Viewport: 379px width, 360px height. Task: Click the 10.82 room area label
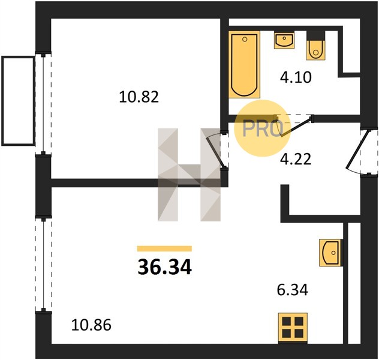pyautogui.click(x=139, y=97)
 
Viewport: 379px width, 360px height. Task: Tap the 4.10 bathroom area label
pyautogui.click(x=296, y=77)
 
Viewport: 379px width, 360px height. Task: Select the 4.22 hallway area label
pyautogui.click(x=296, y=160)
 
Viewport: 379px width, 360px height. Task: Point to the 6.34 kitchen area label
pyautogui.click(x=293, y=290)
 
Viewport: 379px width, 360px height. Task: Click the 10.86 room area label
pyautogui.click(x=91, y=325)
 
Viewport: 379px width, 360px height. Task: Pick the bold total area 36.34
pyautogui.click(x=164, y=267)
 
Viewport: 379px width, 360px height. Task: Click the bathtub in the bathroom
pyautogui.click(x=244, y=65)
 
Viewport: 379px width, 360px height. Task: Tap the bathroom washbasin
pyautogui.click(x=284, y=40)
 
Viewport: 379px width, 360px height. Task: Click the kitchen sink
pyautogui.click(x=330, y=253)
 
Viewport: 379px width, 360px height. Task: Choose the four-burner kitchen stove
pyautogui.click(x=293, y=328)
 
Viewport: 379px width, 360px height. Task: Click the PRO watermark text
pyautogui.click(x=263, y=128)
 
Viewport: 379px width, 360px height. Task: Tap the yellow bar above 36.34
pyautogui.click(x=164, y=248)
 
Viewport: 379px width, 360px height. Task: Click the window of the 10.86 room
pyautogui.click(x=44, y=265)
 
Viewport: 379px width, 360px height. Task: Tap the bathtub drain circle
pyautogui.click(x=245, y=39)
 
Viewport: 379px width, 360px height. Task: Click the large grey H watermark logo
pyautogui.click(x=189, y=175)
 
